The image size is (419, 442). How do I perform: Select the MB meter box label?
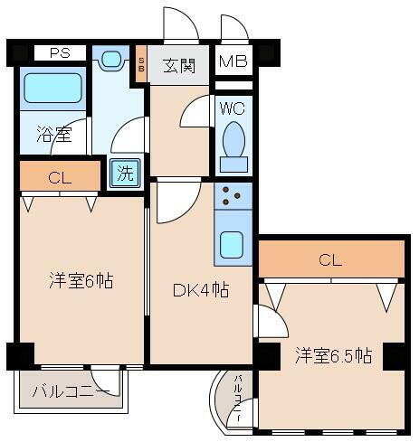tap(233, 62)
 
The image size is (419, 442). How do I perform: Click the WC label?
tap(232, 107)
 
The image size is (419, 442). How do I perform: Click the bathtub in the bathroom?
tap(52, 89)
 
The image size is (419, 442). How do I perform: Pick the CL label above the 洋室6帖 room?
tap(60, 177)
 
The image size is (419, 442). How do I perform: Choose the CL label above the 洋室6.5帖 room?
tap(330, 260)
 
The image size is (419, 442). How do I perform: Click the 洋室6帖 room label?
tap(81, 281)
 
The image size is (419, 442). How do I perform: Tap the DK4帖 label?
tap(200, 291)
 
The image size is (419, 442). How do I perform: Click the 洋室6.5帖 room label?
tap(331, 355)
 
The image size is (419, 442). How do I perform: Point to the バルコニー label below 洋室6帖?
tap(71, 391)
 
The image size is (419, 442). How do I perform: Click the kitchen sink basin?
tap(233, 245)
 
